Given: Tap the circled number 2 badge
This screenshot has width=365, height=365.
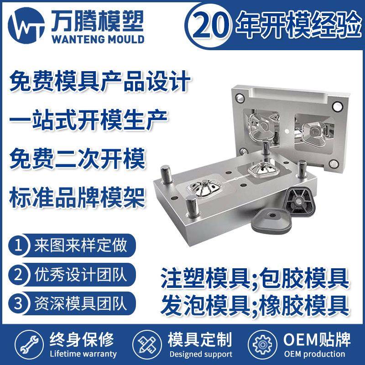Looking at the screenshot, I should coord(19,274).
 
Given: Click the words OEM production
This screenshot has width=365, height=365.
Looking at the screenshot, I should coord(314,354).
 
